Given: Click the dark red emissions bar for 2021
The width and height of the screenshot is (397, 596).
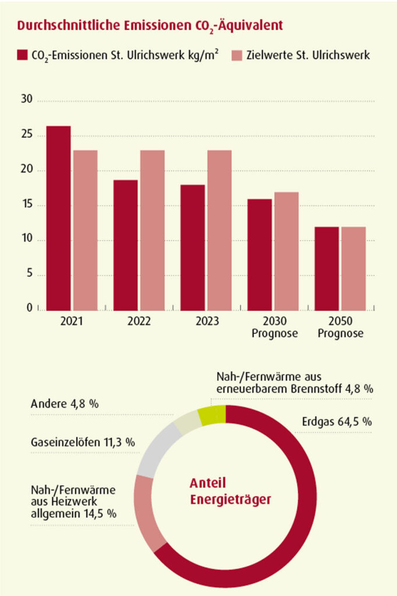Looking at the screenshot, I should [59, 218].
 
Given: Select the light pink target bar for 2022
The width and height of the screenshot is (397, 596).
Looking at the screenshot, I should [152, 230].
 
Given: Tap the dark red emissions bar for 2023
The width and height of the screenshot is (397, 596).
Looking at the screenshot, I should [193, 247].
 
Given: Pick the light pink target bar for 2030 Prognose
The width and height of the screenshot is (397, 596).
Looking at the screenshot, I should [286, 251].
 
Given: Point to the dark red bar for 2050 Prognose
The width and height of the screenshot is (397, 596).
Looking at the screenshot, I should [327, 268].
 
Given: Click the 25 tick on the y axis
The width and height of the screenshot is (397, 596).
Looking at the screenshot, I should [27, 136].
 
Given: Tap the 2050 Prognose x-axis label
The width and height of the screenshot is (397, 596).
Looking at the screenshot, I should [341, 328].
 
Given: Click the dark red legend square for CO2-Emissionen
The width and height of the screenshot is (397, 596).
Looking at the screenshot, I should [22, 55].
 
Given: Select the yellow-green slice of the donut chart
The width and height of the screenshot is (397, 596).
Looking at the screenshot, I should [211, 416].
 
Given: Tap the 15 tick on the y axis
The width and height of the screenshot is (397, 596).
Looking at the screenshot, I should [27, 205].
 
